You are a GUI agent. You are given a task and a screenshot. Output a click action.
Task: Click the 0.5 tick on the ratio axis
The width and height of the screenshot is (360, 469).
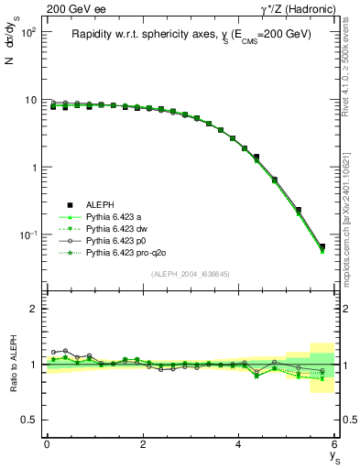click(x=29, y=420)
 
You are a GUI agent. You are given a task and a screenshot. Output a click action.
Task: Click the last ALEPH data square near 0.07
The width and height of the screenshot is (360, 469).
click(x=322, y=246)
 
